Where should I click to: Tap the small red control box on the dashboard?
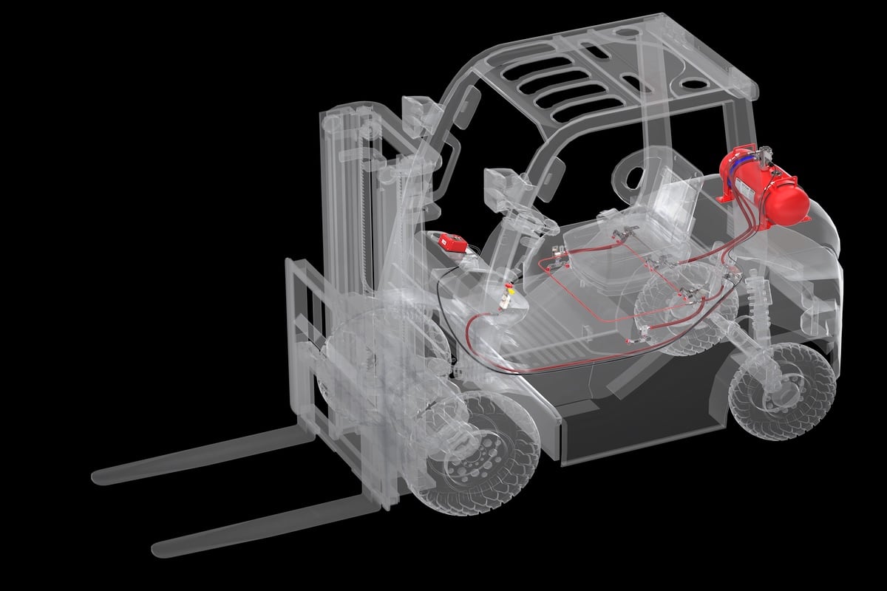(452, 242)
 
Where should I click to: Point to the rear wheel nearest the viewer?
(782, 392)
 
